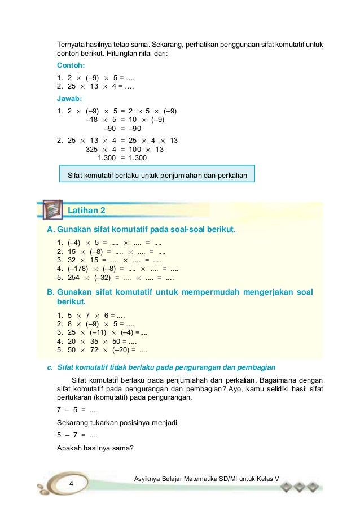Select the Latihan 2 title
click(86, 211)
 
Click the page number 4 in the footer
click(72, 484)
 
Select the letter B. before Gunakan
click(50, 292)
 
